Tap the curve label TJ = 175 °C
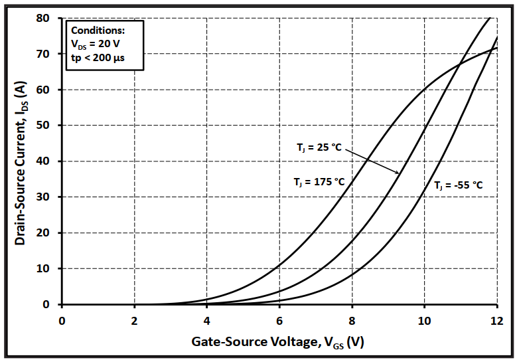pos(319,181)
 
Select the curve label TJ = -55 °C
pos(458,186)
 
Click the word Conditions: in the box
pos(98,31)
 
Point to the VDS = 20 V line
pos(96,45)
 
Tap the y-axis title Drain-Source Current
pos(21,163)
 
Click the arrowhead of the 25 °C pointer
pos(398,173)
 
